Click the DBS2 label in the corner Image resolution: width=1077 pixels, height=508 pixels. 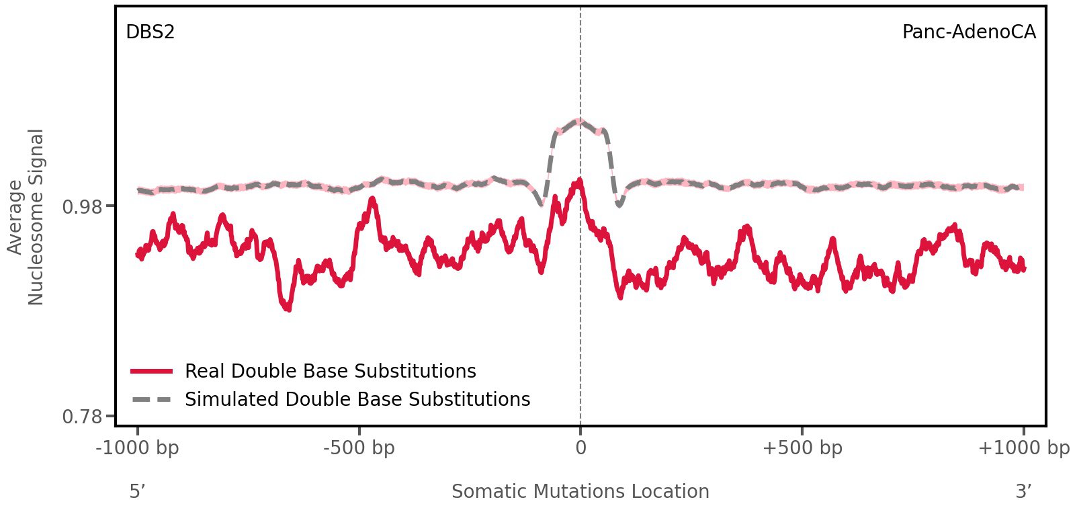(150, 32)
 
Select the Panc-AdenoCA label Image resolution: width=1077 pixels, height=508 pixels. (968, 32)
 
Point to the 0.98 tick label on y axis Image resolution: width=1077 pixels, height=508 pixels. (83, 206)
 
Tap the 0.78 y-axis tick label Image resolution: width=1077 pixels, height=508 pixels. (83, 417)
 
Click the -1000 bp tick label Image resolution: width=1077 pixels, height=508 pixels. (138, 448)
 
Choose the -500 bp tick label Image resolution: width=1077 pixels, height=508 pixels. (359, 448)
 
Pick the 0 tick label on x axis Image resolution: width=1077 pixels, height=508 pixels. (580, 448)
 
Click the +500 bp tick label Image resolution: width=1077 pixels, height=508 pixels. (802, 448)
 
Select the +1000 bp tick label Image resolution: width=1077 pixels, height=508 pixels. (1023, 448)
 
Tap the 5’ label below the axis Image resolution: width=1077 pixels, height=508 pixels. (137, 491)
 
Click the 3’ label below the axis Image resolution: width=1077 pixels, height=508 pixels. (1023, 491)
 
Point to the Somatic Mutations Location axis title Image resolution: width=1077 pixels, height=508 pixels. (580, 491)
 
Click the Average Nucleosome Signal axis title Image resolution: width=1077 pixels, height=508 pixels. (26, 216)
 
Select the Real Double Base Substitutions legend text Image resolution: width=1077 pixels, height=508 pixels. (330, 371)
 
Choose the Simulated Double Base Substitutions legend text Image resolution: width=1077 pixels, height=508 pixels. (357, 399)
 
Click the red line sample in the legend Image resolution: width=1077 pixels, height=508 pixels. (152, 371)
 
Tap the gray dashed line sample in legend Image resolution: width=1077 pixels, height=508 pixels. (152, 399)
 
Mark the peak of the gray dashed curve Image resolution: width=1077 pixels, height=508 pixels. (578, 121)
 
